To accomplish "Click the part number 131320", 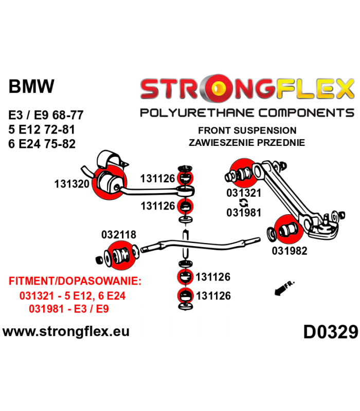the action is [x=72, y=184].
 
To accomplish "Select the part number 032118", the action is [x=119, y=235].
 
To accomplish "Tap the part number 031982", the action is [x=290, y=251].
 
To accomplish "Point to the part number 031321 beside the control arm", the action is [x=244, y=193].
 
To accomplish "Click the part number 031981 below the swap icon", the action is [x=244, y=213].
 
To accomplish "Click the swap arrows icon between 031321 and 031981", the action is [x=244, y=203].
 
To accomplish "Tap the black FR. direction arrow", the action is [x=281, y=290].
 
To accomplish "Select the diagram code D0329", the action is [x=331, y=332].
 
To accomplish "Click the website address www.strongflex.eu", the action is [x=66, y=331].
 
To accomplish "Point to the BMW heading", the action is [x=31, y=86].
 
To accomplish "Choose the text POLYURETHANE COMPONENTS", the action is [x=247, y=113].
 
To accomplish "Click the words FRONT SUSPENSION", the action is [x=247, y=130].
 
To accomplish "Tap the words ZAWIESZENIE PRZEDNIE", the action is [x=247, y=143].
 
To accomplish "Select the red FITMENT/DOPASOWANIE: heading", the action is [x=75, y=281].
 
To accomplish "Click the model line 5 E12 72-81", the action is [x=42, y=129].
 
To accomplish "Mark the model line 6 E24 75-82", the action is [x=42, y=144].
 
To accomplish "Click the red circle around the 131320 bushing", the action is [x=110, y=182].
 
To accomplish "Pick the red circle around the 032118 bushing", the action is [x=122, y=255].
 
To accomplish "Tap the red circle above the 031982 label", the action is [x=289, y=229].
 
